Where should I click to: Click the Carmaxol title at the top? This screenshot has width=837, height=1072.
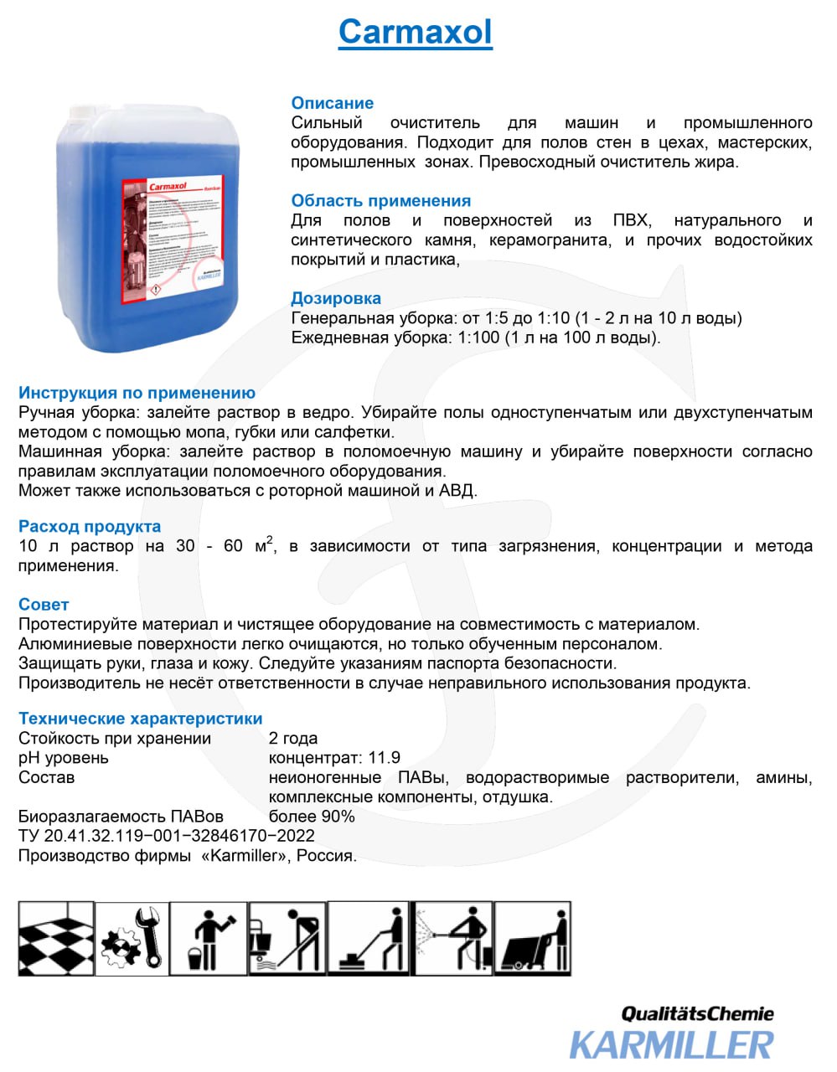[x=415, y=33]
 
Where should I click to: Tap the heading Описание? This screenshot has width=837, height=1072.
[x=332, y=103]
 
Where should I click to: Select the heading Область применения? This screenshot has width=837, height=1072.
[x=380, y=201]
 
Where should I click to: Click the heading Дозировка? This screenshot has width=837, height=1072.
[x=335, y=298]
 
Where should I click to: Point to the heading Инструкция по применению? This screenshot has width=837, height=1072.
[x=137, y=393]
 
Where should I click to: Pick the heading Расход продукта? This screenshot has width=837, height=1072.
[x=90, y=527]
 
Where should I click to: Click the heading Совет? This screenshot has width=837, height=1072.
[x=44, y=605]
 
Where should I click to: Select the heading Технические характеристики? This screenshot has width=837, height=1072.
[x=140, y=719]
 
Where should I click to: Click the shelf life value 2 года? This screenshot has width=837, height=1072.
[x=293, y=739]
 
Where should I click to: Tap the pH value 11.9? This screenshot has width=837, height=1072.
[x=385, y=758]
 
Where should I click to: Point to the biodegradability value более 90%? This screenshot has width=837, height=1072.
[x=312, y=817]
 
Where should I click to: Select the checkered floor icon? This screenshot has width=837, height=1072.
[x=55, y=938]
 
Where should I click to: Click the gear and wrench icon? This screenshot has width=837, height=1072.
[x=132, y=938]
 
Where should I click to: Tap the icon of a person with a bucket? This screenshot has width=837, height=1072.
[x=209, y=938]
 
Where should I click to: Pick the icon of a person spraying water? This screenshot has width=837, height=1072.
[x=452, y=938]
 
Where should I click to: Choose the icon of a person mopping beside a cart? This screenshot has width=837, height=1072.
[x=287, y=938]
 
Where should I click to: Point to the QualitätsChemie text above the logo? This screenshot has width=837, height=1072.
[x=697, y=1014]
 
